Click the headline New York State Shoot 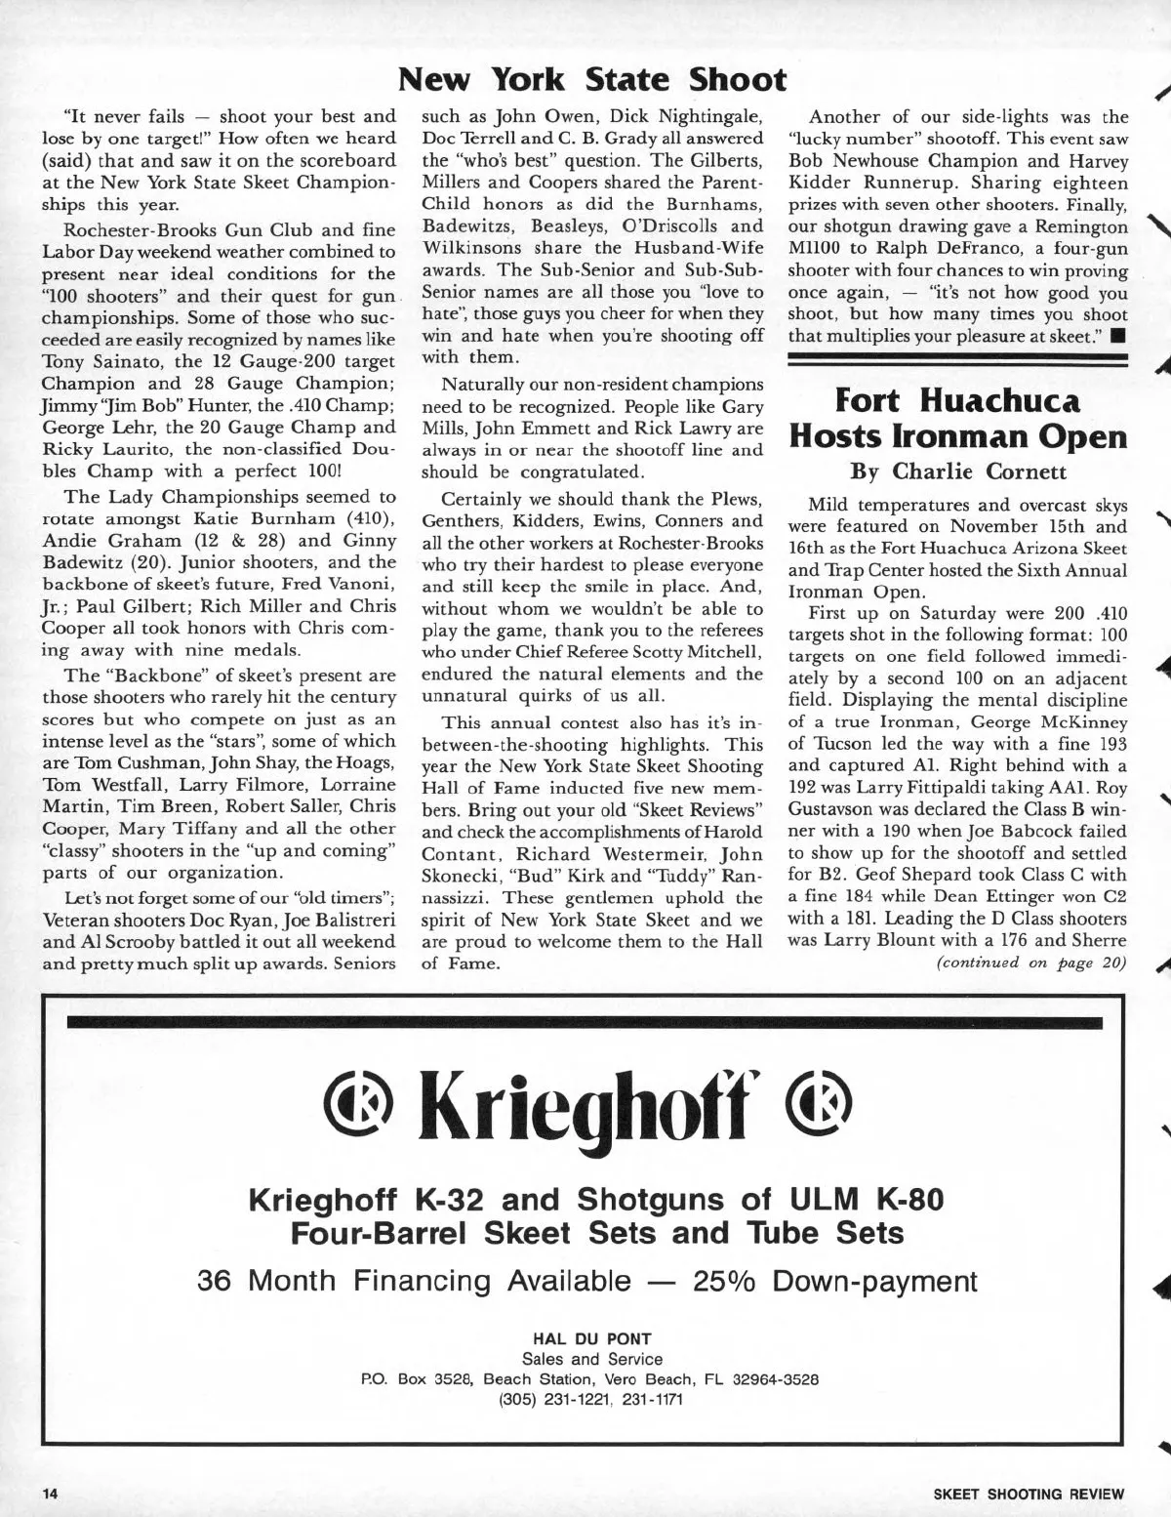[593, 79]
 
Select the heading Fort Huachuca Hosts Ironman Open [957, 418]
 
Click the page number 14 [51, 1494]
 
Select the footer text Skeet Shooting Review [1029, 1494]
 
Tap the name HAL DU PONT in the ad [591, 1338]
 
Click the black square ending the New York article [1118, 337]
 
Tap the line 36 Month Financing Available [586, 1280]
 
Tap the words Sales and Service [591, 1359]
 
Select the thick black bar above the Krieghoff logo [584, 1023]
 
